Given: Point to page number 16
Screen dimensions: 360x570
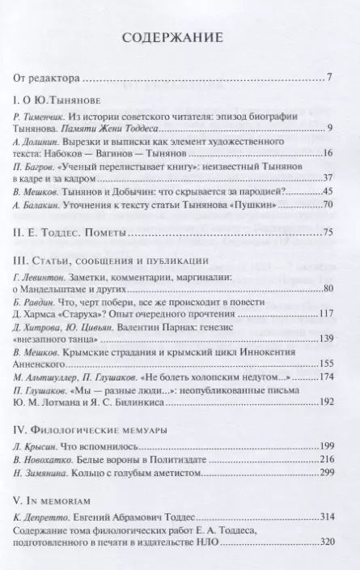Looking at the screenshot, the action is (x=328, y=154).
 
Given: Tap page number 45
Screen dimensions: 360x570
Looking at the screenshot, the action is (x=328, y=191).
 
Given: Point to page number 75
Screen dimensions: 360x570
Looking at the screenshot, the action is (x=328, y=233).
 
